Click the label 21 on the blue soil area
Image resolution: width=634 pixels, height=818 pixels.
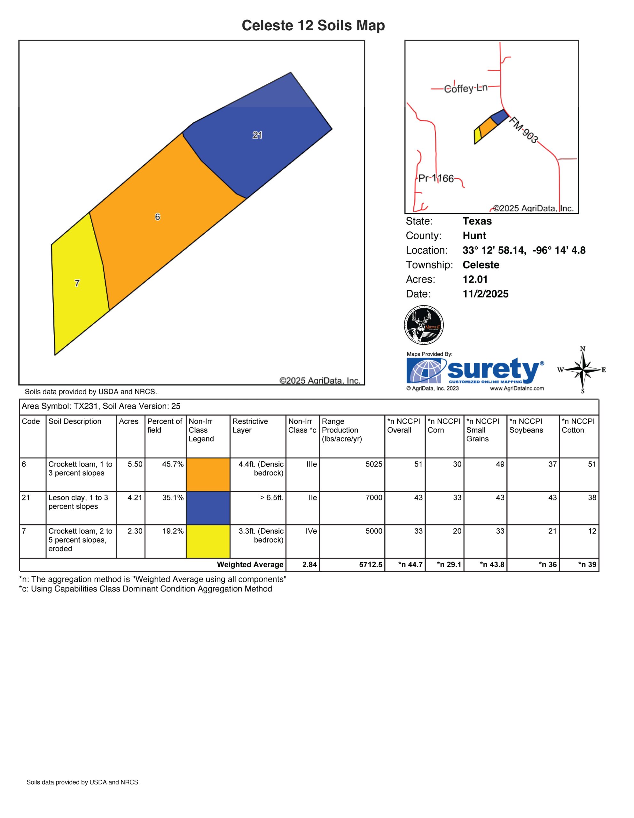click(x=257, y=135)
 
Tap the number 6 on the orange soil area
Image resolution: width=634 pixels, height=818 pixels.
click(x=157, y=217)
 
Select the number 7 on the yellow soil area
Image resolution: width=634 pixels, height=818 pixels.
click(x=77, y=283)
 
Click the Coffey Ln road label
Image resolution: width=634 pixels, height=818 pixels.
click(x=466, y=89)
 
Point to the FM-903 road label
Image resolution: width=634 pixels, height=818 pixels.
click(x=523, y=130)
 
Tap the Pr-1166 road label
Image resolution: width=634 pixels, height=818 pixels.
click(x=436, y=178)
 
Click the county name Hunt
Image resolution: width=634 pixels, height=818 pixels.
click(x=474, y=235)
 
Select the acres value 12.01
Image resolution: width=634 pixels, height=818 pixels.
click(x=475, y=279)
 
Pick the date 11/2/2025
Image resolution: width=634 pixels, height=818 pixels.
click(x=485, y=294)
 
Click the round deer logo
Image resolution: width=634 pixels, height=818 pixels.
click(x=424, y=325)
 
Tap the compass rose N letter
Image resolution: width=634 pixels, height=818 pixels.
click(x=583, y=349)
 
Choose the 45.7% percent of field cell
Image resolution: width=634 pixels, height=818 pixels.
click(x=173, y=464)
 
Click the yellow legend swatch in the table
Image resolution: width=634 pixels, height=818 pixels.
click(x=208, y=541)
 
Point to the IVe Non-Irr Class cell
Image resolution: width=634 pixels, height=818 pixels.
click(x=311, y=531)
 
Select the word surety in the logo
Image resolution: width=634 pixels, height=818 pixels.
click(x=493, y=370)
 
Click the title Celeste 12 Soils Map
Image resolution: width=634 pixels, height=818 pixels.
click(x=313, y=26)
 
